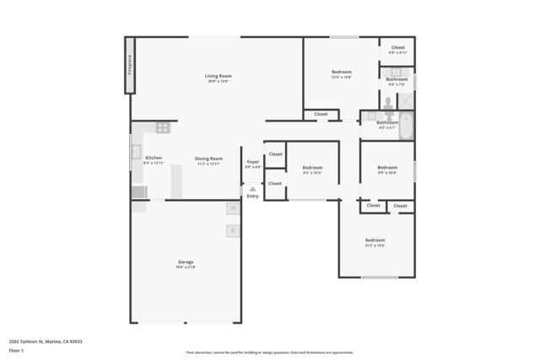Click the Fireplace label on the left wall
[x=130, y=64]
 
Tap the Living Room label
[x=218, y=76]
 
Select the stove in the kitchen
[x=162, y=128]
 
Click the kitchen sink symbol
[x=135, y=152]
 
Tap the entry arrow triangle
[x=252, y=190]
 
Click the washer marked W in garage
[x=232, y=208]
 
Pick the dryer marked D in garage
[x=232, y=230]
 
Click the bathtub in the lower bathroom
[x=406, y=126]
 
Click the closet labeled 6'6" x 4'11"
[x=397, y=50]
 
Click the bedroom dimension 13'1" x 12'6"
[x=375, y=245]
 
